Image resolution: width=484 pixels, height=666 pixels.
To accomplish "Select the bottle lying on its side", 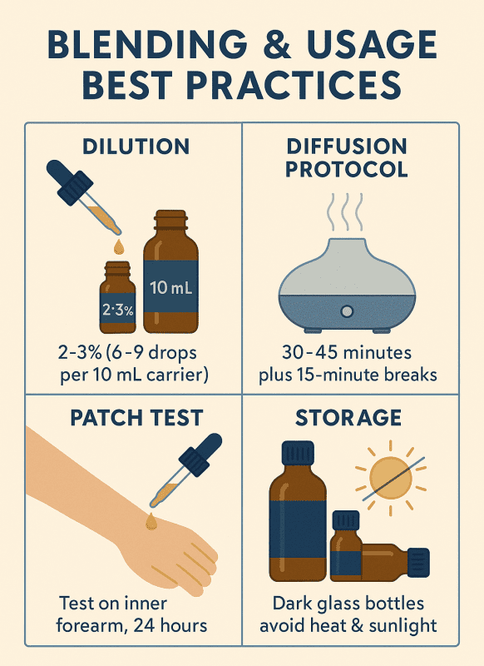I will point(391,563).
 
